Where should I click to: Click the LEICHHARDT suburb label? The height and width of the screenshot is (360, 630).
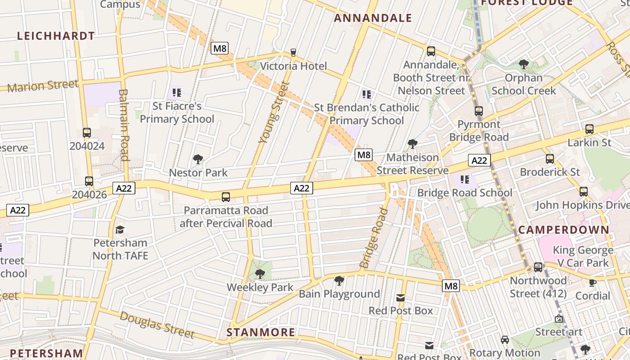(x=56, y=36)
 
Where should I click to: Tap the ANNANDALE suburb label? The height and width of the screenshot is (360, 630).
(x=373, y=18)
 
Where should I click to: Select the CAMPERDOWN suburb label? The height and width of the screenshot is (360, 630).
(x=563, y=229)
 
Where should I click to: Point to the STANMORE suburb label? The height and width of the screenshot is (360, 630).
(x=261, y=333)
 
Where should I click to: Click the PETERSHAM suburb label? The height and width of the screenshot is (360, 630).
(x=46, y=353)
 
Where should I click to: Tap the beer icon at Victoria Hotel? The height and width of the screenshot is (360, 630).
(x=293, y=53)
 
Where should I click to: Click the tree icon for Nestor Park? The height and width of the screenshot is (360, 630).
(x=198, y=159)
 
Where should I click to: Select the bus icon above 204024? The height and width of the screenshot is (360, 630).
(x=87, y=133)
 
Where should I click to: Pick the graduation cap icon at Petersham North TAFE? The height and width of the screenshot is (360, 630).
(x=120, y=229)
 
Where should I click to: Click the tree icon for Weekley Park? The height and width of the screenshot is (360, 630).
(x=260, y=274)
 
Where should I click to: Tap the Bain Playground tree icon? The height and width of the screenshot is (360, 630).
(x=339, y=281)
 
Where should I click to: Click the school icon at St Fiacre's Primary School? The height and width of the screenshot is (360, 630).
(x=177, y=93)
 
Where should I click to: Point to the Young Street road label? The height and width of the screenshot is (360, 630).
(x=274, y=112)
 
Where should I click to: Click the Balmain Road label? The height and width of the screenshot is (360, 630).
(x=124, y=125)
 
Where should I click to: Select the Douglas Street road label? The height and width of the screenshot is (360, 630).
(x=157, y=324)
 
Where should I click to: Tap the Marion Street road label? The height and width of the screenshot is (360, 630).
(x=43, y=85)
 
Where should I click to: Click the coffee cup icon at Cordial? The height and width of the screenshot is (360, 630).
(x=593, y=283)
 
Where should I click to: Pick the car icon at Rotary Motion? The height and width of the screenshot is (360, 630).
(x=505, y=339)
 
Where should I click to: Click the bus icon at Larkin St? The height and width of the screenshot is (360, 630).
(x=589, y=129)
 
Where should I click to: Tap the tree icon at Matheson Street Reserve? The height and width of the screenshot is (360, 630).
(x=412, y=144)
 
